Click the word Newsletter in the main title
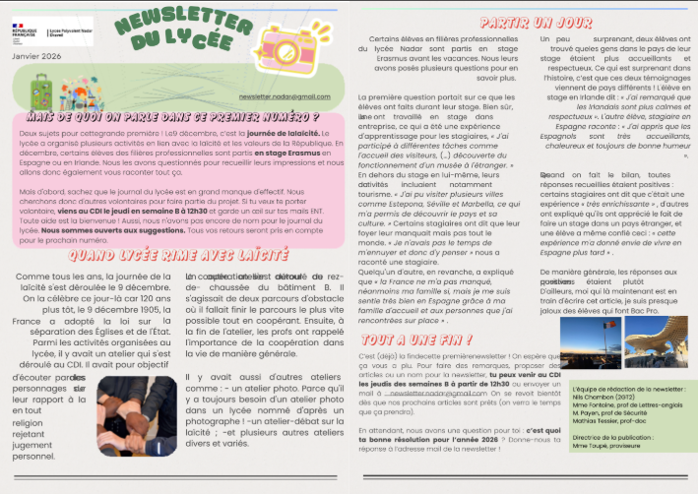[176, 23]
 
